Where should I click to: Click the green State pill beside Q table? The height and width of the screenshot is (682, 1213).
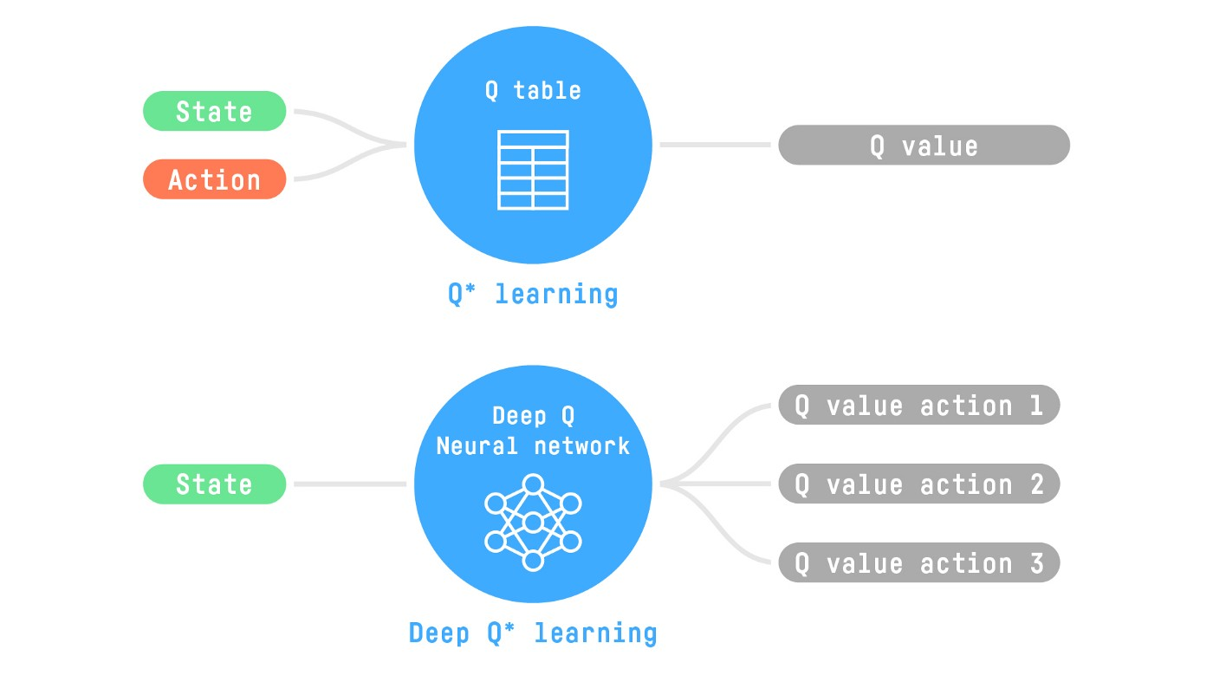pos(214,111)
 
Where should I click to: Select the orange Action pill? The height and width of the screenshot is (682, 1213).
pos(214,179)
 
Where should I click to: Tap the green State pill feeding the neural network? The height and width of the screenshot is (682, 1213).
pos(214,484)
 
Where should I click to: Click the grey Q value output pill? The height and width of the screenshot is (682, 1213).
pos(924,146)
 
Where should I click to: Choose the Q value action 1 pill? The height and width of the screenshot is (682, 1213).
pos(918,406)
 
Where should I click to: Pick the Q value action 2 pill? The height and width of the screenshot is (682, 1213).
pos(918,484)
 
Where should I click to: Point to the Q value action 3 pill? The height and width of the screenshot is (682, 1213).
pos(918,563)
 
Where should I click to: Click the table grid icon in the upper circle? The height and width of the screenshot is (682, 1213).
pos(533,170)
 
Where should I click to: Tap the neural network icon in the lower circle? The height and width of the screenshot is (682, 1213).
pos(533,522)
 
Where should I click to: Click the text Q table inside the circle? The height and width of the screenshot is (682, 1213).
pos(533,90)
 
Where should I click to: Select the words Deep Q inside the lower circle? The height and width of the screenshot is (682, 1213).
pos(533,416)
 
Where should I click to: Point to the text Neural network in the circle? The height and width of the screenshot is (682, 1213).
pos(533,446)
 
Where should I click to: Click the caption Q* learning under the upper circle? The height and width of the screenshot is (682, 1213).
pos(533,294)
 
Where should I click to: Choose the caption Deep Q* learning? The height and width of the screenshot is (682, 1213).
pos(533,633)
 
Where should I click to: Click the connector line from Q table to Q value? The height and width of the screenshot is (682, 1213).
pos(715,145)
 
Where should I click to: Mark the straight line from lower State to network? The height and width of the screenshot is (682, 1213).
pos(350,484)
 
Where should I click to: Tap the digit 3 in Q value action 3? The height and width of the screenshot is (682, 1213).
pos(1036,563)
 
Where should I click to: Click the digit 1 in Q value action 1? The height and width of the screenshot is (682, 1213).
pos(1036,406)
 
